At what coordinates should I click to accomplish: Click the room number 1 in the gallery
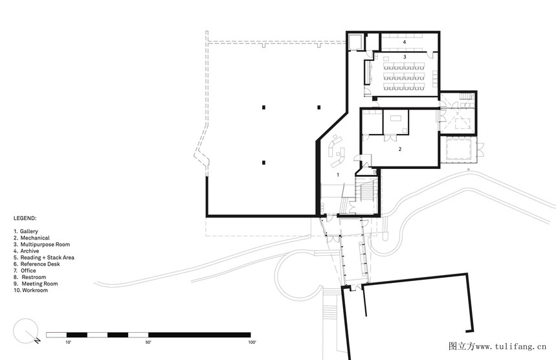coord(338,175)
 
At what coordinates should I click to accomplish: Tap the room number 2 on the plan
coord(400,149)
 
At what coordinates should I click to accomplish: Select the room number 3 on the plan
coord(405,57)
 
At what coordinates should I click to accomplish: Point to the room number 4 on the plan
coord(405,42)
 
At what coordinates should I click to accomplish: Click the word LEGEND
coord(25,218)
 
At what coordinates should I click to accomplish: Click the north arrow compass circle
coord(25,331)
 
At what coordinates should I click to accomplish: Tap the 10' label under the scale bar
coord(68,343)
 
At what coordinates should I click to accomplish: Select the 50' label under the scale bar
coord(148,343)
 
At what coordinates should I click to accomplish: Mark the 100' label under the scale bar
coord(252,343)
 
